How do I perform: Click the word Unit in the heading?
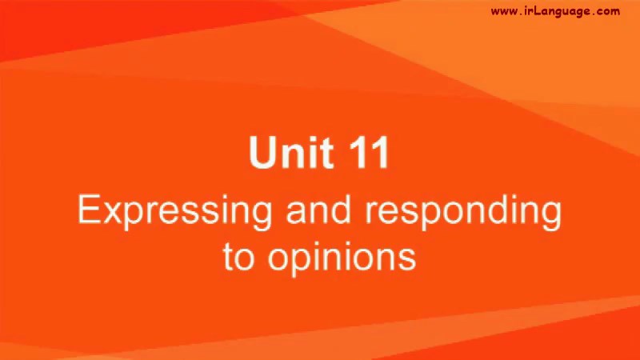click(290, 152)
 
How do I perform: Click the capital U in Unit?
click(262, 152)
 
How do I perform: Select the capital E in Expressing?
click(88, 209)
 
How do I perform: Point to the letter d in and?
click(342, 209)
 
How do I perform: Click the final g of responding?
click(553, 216)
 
